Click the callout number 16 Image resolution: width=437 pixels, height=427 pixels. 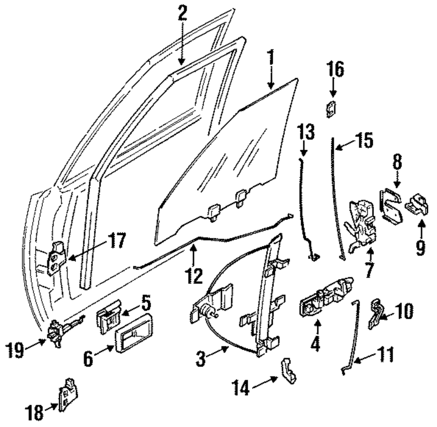pos(335,69)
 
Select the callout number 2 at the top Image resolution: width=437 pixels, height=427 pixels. pos(182,14)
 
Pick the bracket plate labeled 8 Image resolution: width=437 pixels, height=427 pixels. pos(391,205)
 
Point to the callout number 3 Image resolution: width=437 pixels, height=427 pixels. pos(200,361)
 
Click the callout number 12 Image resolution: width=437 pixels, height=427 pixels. pos(193,275)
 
